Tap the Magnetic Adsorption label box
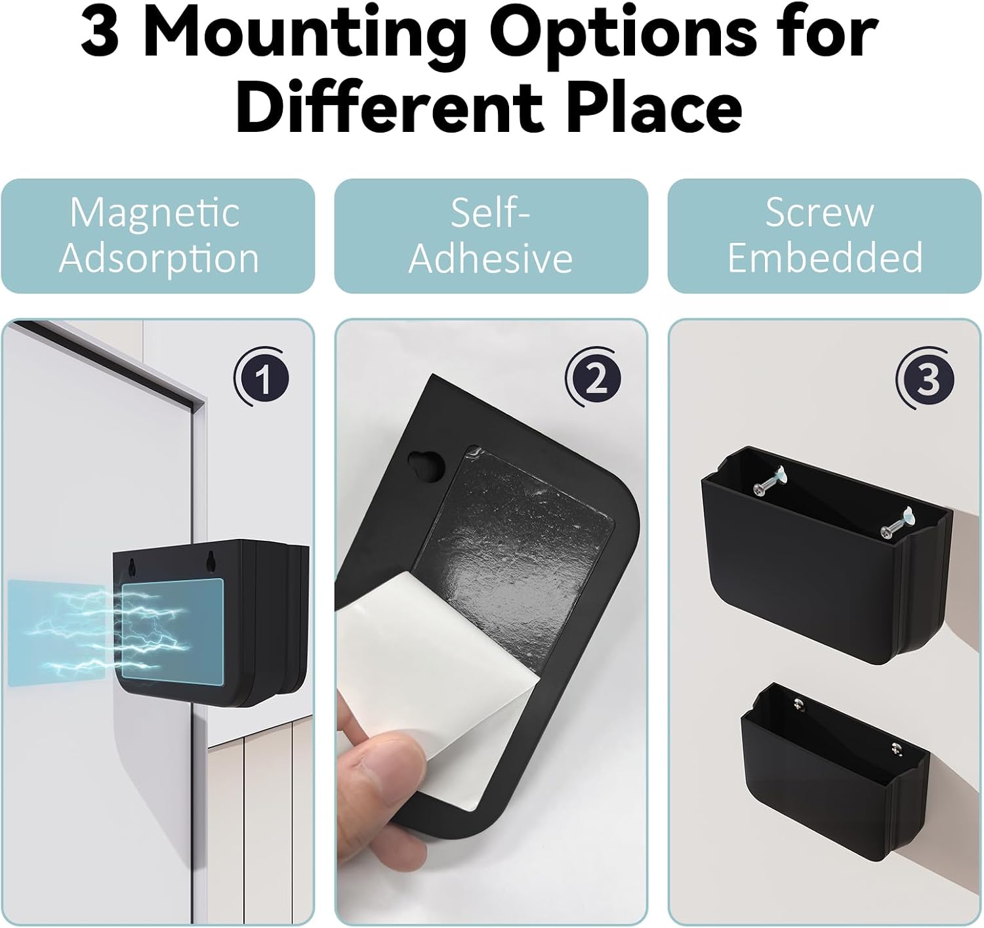click(x=157, y=236)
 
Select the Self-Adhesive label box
click(x=491, y=236)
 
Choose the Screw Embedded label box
click(x=825, y=236)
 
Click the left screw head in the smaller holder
click(x=799, y=703)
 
